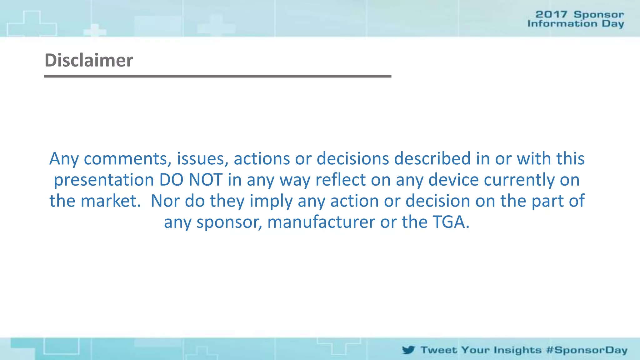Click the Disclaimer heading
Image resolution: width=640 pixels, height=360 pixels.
(x=89, y=60)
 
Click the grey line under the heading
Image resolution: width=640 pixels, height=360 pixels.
(x=217, y=76)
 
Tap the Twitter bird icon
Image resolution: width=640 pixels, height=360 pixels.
(x=408, y=350)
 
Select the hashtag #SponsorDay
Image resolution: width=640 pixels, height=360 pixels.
(x=587, y=350)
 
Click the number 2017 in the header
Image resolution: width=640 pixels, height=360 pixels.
(x=551, y=14)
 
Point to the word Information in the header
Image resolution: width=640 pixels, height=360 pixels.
(x=562, y=24)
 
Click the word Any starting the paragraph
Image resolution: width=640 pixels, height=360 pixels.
(x=64, y=159)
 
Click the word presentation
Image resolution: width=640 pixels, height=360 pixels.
(x=104, y=180)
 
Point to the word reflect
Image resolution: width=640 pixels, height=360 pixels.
(x=341, y=180)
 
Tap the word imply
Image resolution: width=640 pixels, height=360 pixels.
(x=271, y=201)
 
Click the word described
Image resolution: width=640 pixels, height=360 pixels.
(x=432, y=159)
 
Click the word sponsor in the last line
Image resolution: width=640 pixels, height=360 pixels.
(x=229, y=222)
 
